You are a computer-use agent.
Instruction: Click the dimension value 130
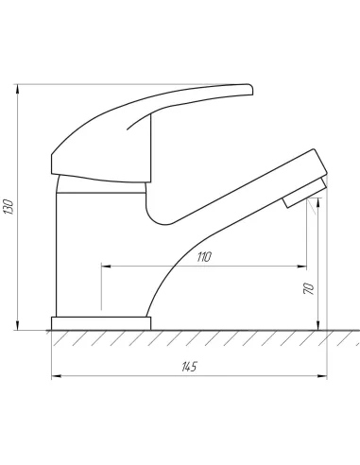coord(9,207)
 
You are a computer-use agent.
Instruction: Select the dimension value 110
coord(204,257)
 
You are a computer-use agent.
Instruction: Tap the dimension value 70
coord(309,288)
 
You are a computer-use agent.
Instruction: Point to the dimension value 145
coord(189,367)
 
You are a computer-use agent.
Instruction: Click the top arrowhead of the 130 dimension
coord(18,89)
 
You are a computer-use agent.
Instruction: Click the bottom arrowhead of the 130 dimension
coord(18,325)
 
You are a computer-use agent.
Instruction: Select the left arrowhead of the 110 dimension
coord(106,267)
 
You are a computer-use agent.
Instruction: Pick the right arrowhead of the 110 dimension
coord(302,267)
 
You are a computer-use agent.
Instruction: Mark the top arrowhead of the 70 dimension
coord(318,202)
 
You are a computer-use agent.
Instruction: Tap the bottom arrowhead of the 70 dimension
coord(318,325)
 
